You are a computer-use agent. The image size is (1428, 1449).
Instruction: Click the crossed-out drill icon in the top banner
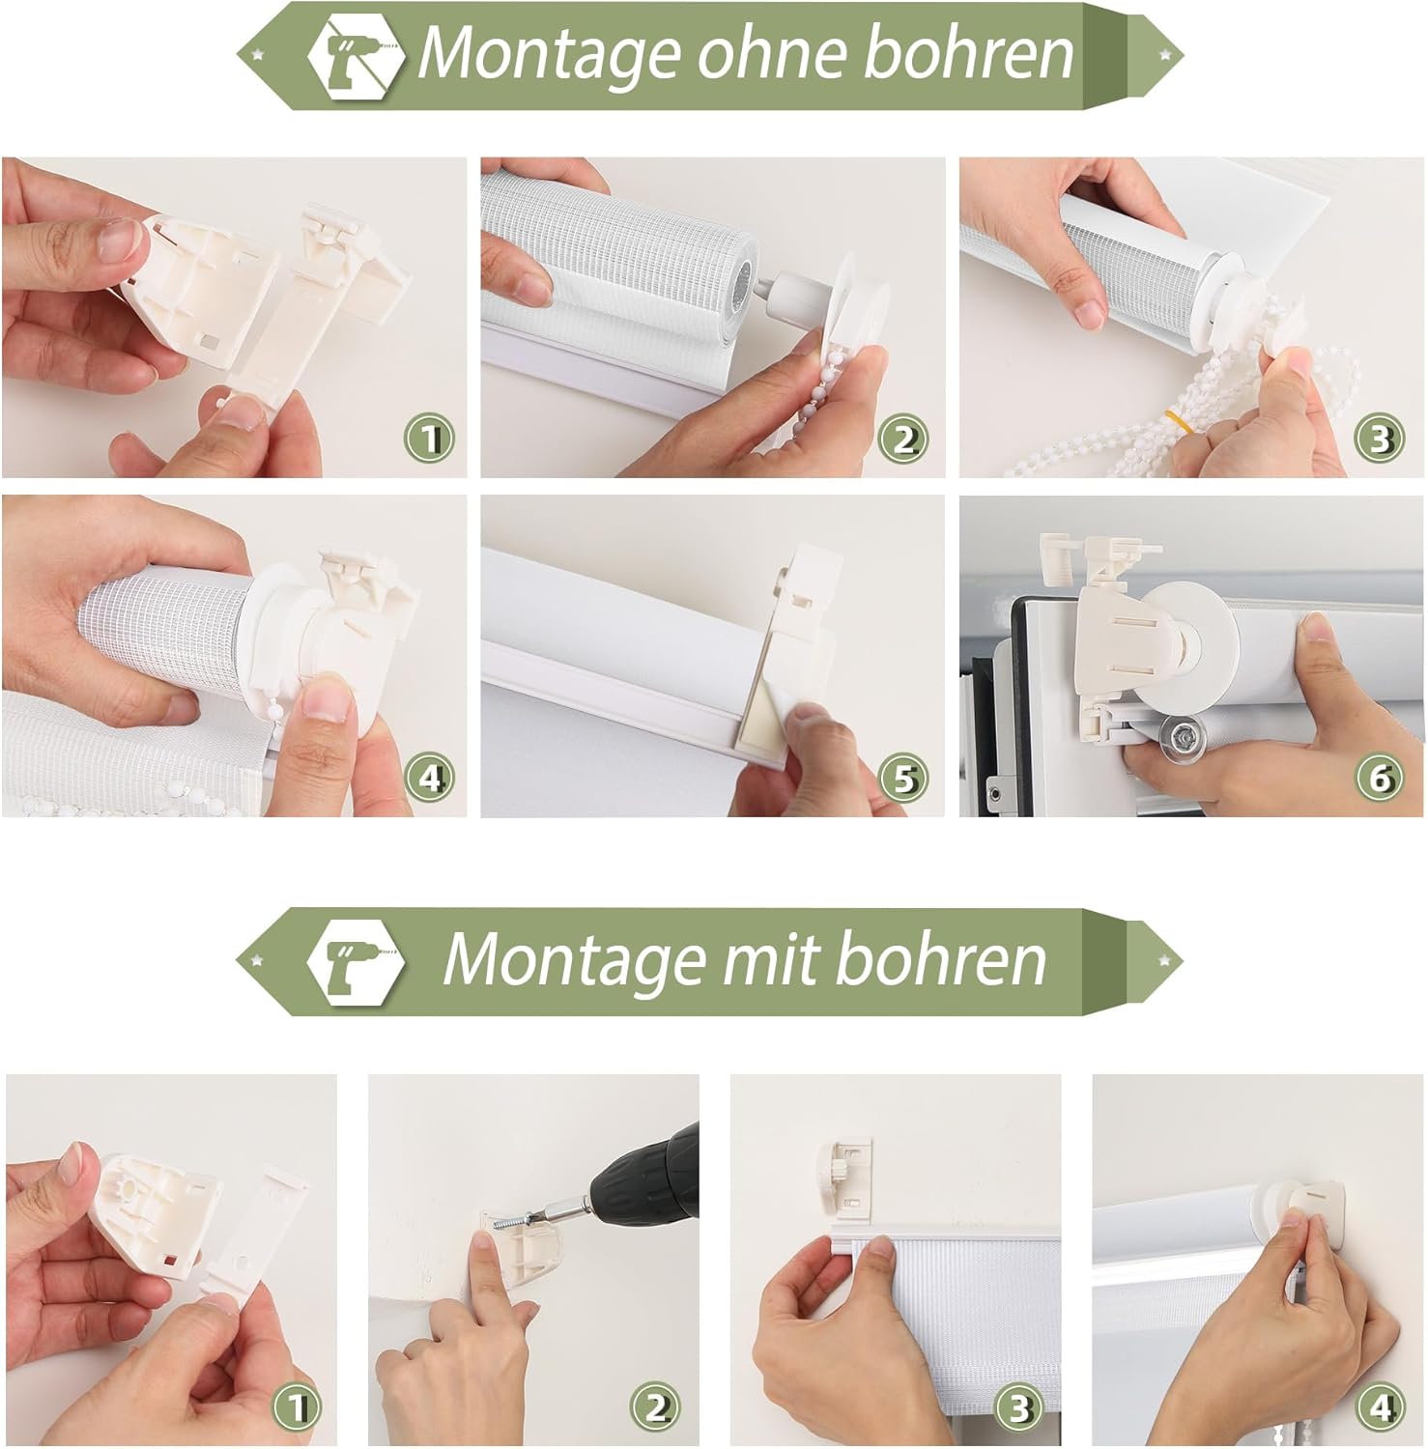(x=356, y=54)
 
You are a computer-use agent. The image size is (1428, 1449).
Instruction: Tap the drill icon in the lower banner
(x=355, y=960)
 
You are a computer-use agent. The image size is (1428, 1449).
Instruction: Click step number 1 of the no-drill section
(x=429, y=440)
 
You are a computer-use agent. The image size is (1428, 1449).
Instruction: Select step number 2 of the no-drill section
(x=903, y=440)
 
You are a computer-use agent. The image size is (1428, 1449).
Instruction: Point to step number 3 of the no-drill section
(x=1381, y=440)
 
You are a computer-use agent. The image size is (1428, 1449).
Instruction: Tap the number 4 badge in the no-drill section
(x=429, y=778)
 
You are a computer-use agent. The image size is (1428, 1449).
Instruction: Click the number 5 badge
(x=903, y=778)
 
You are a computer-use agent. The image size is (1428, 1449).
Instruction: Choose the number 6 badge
(x=1381, y=778)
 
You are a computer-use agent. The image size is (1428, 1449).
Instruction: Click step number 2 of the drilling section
(x=656, y=1406)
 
